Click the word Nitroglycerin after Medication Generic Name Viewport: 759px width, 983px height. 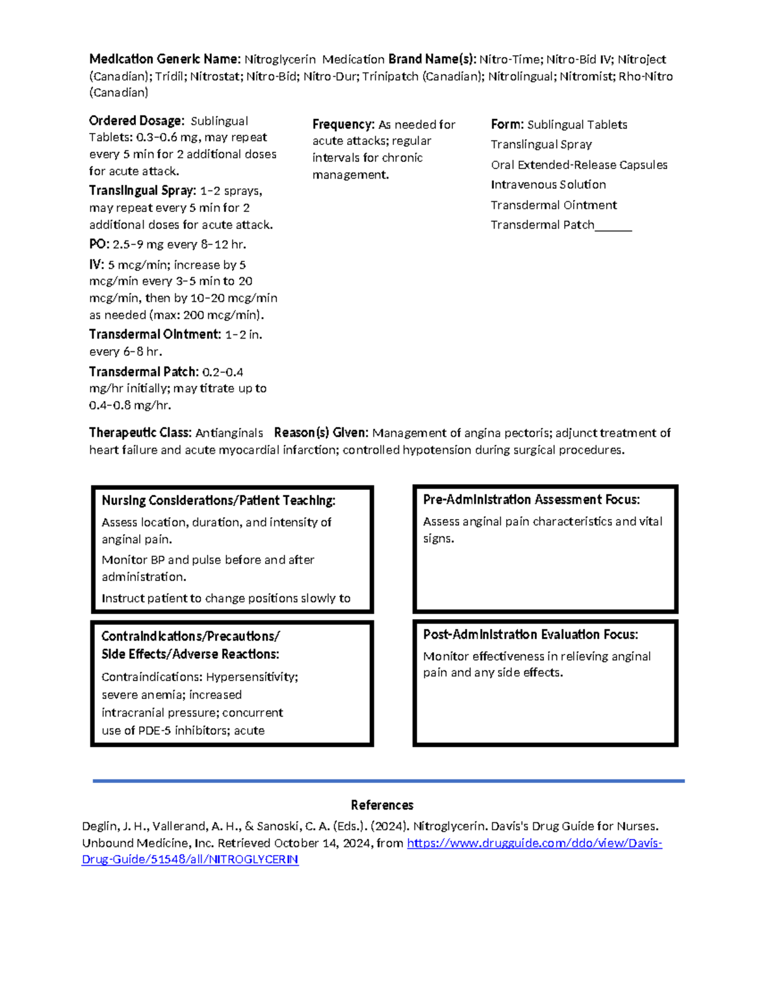[x=280, y=59]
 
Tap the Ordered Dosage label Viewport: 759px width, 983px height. [x=137, y=121]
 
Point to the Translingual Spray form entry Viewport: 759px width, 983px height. [x=541, y=144]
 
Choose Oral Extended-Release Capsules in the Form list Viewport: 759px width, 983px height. [x=579, y=165]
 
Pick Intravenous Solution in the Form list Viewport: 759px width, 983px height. [x=548, y=185]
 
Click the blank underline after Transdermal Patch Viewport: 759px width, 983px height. [x=614, y=226]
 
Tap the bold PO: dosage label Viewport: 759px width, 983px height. [x=99, y=244]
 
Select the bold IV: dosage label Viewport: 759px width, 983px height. [x=96, y=265]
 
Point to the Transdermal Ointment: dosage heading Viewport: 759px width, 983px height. [x=155, y=334]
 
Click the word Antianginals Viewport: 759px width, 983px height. [x=229, y=433]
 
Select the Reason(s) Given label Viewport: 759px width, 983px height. [x=321, y=433]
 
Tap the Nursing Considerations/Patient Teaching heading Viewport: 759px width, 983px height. [x=218, y=501]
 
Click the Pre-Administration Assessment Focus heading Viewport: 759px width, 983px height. [x=531, y=500]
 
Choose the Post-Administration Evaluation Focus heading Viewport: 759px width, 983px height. [x=531, y=635]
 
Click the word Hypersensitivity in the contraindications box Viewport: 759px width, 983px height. [x=252, y=677]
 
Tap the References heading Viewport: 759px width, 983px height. [x=382, y=805]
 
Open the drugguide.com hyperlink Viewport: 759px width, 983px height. [x=534, y=843]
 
